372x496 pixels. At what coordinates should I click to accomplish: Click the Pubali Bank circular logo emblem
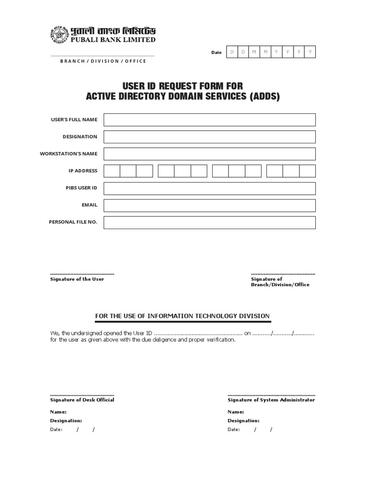pyautogui.click(x=58, y=35)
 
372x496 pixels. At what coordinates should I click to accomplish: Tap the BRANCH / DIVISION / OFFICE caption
pyautogui.click(x=103, y=61)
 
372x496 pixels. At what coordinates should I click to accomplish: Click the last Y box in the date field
pyautogui.click(x=310, y=52)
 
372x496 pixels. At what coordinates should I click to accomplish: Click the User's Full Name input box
pyautogui.click(x=209, y=120)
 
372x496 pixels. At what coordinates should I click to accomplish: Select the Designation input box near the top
pyautogui.click(x=209, y=137)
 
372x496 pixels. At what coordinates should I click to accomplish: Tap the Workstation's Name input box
pyautogui.click(x=209, y=154)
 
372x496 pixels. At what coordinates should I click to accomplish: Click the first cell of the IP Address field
pyautogui.click(x=112, y=171)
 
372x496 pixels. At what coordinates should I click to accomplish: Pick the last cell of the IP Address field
pyautogui.click(x=307, y=171)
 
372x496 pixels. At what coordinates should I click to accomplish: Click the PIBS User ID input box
pyautogui.click(x=209, y=188)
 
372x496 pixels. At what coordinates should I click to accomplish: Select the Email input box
pyautogui.click(x=209, y=205)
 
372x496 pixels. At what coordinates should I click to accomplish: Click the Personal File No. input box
pyautogui.click(x=209, y=222)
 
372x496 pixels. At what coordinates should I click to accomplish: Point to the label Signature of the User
pyautogui.click(x=77, y=279)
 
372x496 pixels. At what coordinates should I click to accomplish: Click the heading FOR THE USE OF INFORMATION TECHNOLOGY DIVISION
pyautogui.click(x=182, y=316)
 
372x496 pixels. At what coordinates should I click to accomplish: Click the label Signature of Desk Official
pyautogui.click(x=82, y=400)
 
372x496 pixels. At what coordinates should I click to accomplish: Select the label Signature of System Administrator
pyautogui.click(x=271, y=400)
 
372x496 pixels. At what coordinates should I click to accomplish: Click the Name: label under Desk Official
pyautogui.click(x=58, y=411)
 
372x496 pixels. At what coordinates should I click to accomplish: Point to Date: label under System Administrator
pyautogui.click(x=233, y=430)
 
